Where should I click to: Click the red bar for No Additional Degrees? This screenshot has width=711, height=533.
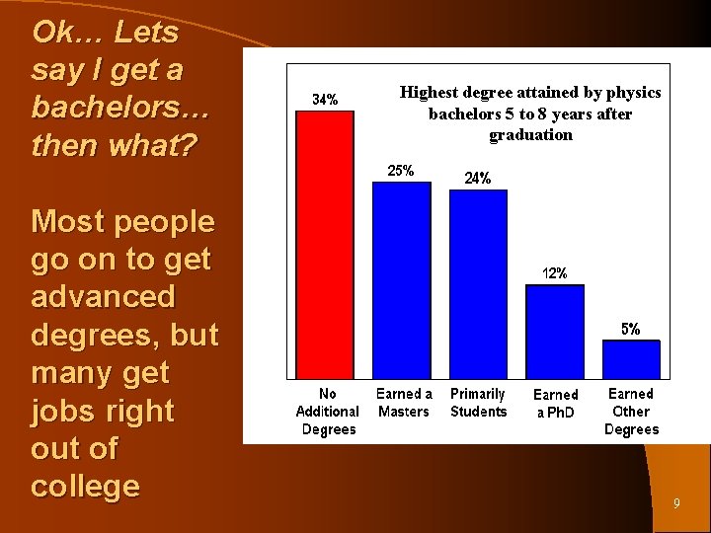(x=326, y=244)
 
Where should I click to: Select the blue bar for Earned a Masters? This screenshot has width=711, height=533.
(x=402, y=280)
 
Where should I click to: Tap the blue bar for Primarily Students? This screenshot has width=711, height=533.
(x=478, y=284)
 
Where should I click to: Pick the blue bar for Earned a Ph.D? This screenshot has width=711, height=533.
(x=554, y=332)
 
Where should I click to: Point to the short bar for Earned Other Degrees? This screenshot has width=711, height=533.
(x=630, y=359)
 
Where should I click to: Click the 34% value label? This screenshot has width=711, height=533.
(x=326, y=99)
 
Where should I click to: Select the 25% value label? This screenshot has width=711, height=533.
(x=400, y=171)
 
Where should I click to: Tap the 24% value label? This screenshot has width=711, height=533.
(x=478, y=179)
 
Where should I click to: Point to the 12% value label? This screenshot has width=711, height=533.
(x=554, y=273)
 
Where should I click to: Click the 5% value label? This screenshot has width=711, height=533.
(x=630, y=329)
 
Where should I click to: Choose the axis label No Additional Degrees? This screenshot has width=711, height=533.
(x=328, y=412)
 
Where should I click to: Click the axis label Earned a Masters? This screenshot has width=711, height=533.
(x=404, y=403)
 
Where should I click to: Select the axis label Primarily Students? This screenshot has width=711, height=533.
(x=479, y=403)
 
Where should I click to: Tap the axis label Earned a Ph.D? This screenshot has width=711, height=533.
(x=555, y=403)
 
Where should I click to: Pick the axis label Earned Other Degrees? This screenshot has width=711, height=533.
(x=631, y=412)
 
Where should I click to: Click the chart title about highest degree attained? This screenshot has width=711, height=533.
(x=530, y=114)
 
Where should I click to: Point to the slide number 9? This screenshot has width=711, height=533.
(x=676, y=504)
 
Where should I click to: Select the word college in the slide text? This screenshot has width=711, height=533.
(x=85, y=487)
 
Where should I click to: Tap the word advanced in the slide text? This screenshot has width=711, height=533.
(x=103, y=297)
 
